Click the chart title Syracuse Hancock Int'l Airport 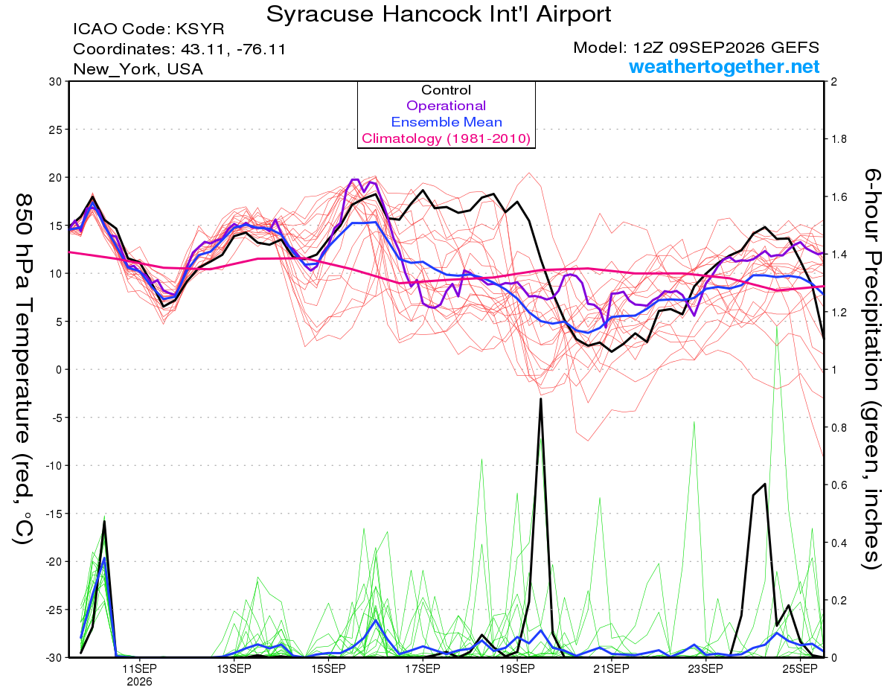pyautogui.click(x=438, y=14)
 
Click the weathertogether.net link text pyautogui.click(x=724, y=66)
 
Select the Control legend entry pyautogui.click(x=446, y=90)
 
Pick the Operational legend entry pyautogui.click(x=446, y=106)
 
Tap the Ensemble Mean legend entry pyautogui.click(x=446, y=122)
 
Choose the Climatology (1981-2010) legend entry pyautogui.click(x=446, y=138)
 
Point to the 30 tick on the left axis pyautogui.click(x=55, y=82)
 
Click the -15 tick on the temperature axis pyautogui.click(x=53, y=514)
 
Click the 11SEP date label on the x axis pyautogui.click(x=139, y=668)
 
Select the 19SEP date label pyautogui.click(x=517, y=668)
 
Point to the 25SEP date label pyautogui.click(x=800, y=668)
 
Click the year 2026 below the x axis pyautogui.click(x=139, y=683)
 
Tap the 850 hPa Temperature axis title pyautogui.click(x=24, y=368)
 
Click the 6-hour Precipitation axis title pyautogui.click(x=871, y=368)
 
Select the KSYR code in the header pyautogui.click(x=200, y=29)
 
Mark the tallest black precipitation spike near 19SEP pyautogui.click(x=541, y=399)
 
